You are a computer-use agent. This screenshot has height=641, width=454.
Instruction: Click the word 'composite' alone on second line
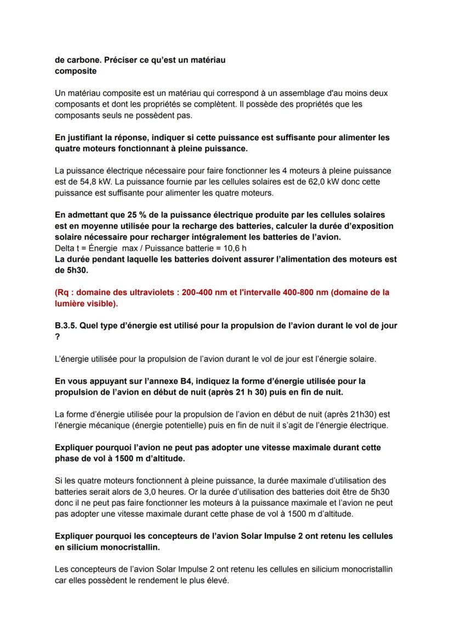point(76,71)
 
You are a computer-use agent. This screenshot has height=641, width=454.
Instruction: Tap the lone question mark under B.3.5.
point(57,337)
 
